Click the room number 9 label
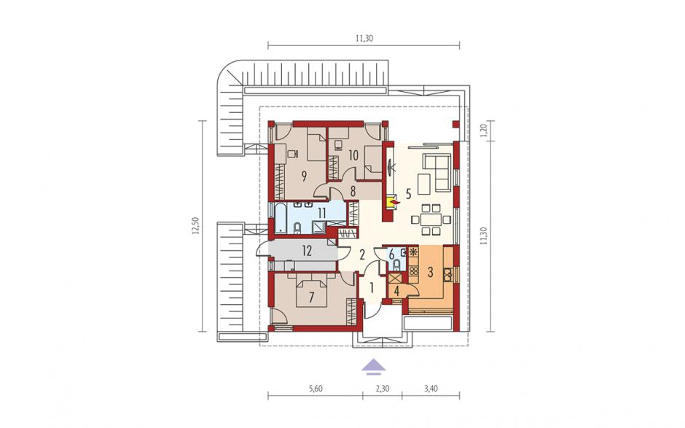[303, 176]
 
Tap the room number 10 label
[353, 155]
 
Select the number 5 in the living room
[408, 193]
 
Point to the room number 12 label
[307, 251]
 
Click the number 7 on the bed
[311, 297]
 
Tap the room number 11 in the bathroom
[322, 213]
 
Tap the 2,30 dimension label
[383, 388]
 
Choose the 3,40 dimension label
[431, 388]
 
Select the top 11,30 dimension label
[364, 38]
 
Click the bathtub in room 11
[280, 217]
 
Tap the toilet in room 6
[396, 265]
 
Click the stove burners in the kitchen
[413, 271]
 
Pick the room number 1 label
[372, 288]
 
